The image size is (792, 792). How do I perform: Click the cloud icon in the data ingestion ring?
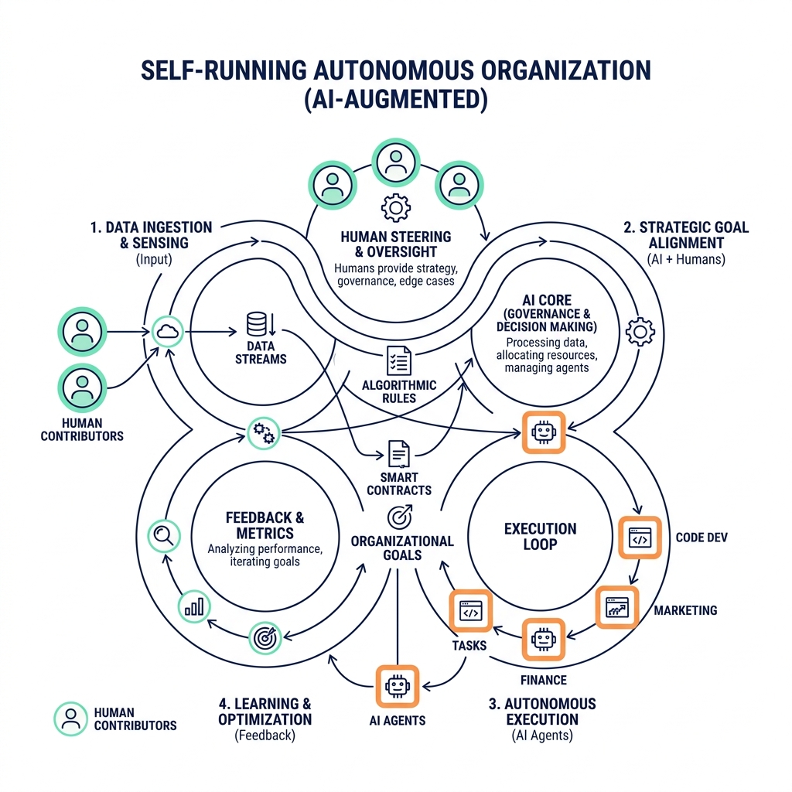tap(166, 332)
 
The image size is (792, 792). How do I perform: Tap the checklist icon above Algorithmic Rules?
tap(399, 360)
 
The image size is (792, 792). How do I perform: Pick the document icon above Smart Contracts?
tap(399, 453)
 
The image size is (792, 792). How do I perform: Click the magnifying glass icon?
tap(164, 534)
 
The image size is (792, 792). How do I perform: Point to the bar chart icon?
tap(193, 606)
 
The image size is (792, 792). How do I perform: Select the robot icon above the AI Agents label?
tap(397, 686)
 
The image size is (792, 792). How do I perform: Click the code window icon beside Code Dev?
tap(640, 538)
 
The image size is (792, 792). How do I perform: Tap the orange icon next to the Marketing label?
tap(616, 607)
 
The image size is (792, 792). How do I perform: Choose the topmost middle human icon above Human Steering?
tap(396, 162)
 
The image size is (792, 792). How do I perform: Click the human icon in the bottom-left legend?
tap(70, 719)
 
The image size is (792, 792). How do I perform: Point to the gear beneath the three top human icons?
tap(396, 207)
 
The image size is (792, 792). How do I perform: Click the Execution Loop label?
tap(540, 536)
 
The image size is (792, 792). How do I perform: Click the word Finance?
tap(543, 680)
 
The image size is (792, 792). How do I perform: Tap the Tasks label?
tap(469, 644)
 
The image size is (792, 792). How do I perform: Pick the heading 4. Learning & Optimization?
tap(265, 712)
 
